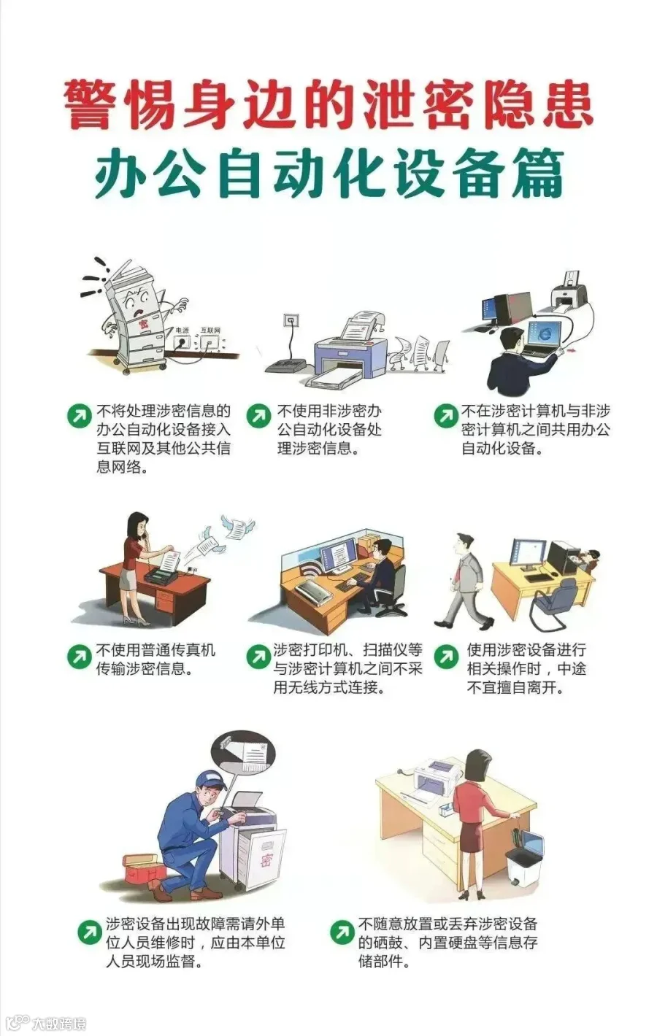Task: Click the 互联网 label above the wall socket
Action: click(x=210, y=330)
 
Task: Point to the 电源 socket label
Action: click(x=182, y=330)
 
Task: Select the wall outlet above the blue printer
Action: click(x=291, y=320)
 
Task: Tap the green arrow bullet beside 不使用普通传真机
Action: click(x=78, y=657)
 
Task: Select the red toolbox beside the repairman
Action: click(x=143, y=870)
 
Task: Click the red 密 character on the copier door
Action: click(x=266, y=861)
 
